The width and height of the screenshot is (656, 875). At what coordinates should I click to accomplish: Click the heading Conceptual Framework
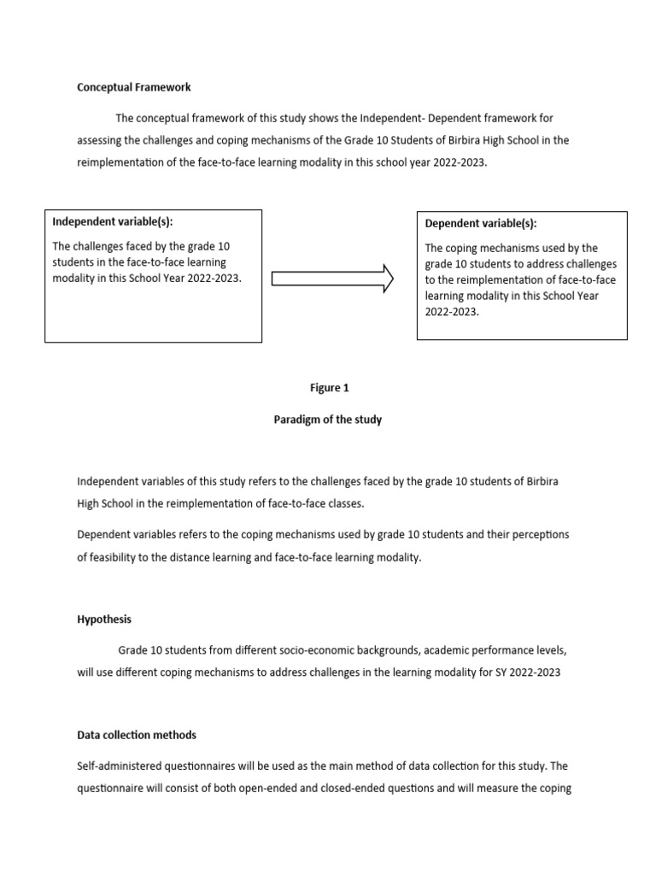point(134,87)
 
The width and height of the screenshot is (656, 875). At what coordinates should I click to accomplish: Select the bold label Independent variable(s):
point(112,221)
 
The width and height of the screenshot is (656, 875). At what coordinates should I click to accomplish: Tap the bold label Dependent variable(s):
point(481,224)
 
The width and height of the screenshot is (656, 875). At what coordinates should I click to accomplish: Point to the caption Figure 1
point(329,388)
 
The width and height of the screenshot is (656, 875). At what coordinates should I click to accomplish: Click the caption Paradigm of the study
point(328,420)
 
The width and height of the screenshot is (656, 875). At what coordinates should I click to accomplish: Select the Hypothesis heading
point(104,620)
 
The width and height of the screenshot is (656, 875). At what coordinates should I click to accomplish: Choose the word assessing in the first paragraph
point(102,140)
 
